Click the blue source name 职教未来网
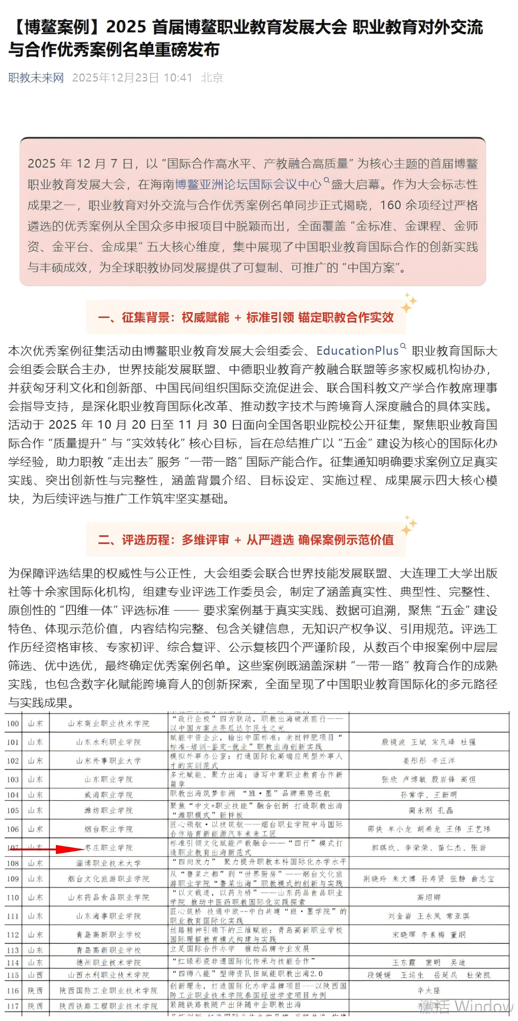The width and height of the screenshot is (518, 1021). (x=36, y=78)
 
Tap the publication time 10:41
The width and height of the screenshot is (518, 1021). (x=177, y=78)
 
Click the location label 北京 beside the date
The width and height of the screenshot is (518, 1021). (x=212, y=78)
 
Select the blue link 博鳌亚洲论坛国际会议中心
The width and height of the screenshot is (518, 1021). (x=248, y=184)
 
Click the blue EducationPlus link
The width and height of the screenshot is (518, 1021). (x=357, y=351)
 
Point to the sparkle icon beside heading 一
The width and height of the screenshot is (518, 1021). (x=408, y=303)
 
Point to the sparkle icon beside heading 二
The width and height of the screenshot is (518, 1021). (x=408, y=525)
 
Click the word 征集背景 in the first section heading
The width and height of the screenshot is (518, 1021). (x=146, y=318)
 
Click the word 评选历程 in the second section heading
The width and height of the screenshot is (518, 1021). (x=146, y=540)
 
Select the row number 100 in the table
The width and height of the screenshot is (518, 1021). (x=13, y=723)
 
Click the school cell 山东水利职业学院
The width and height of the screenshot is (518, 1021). (x=108, y=742)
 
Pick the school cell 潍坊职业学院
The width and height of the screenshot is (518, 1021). (x=108, y=810)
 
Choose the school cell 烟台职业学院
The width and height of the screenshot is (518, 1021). (x=108, y=829)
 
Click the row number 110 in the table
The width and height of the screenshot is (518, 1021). (x=13, y=897)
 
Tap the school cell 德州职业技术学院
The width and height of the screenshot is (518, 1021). (x=108, y=962)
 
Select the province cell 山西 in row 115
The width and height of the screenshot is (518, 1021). (x=35, y=974)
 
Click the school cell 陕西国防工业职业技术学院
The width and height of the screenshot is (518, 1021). (x=108, y=990)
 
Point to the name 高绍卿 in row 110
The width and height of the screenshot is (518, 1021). (x=428, y=897)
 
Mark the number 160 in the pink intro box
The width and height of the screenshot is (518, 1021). (x=391, y=205)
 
